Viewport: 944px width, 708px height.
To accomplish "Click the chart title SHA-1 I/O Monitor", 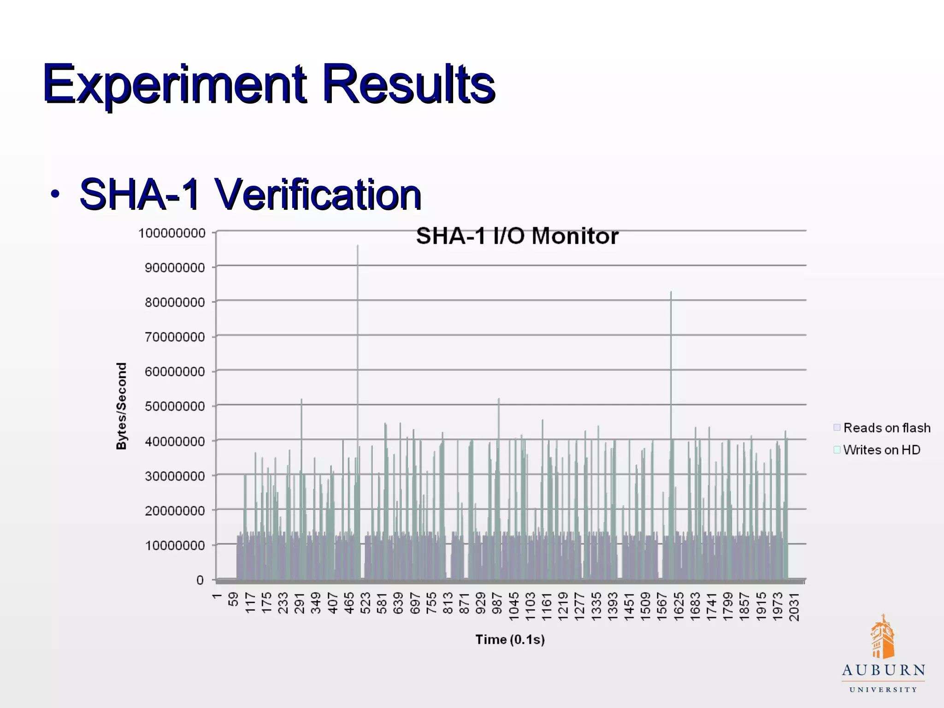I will [x=517, y=236].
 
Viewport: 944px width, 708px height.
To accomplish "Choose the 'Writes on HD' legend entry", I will [x=881, y=450].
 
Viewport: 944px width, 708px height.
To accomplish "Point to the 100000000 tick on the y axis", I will [x=172, y=233].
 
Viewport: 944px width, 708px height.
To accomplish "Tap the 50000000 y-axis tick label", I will [x=175, y=407].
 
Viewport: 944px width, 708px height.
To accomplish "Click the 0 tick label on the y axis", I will [x=200, y=580].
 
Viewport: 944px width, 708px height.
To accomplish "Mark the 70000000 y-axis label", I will [x=175, y=337].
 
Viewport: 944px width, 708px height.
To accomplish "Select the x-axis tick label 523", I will [x=365, y=603].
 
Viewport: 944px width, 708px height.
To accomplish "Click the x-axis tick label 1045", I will [x=514, y=607].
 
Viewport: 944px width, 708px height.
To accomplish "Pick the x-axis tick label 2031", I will [x=794, y=607].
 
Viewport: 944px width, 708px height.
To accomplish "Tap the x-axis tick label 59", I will [x=233, y=599].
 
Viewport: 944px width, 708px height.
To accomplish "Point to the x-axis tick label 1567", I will [x=662, y=607].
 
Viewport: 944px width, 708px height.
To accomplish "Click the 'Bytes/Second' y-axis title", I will [x=121, y=406].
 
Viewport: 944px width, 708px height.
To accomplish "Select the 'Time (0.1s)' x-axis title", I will [x=510, y=640].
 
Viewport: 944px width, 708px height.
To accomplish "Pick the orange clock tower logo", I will [x=882, y=637].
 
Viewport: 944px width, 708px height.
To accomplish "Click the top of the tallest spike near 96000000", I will [x=358, y=246].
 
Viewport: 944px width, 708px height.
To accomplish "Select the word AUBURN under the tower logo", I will [x=883, y=670].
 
